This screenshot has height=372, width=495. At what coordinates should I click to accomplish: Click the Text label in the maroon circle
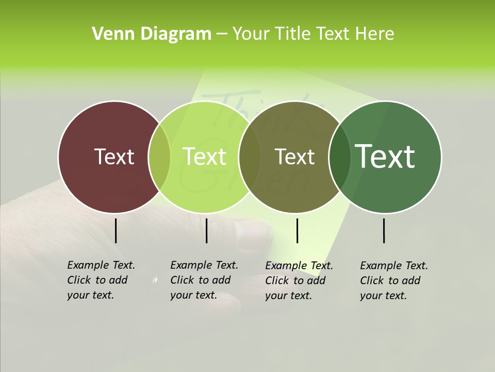coord(114,157)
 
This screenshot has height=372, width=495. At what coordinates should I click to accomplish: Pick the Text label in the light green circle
coord(205,157)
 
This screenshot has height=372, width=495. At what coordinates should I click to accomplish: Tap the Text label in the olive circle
coord(294,157)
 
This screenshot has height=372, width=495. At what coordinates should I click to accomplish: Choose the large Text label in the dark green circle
coord(385,157)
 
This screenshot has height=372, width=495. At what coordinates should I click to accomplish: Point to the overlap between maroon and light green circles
coord(159,157)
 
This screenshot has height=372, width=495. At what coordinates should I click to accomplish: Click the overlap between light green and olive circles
coord(250,157)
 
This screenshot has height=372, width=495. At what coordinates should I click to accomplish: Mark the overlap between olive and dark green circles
coord(339,157)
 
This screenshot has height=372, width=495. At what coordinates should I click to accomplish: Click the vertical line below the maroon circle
coord(115,230)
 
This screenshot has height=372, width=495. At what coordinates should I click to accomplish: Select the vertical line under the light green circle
coord(206,230)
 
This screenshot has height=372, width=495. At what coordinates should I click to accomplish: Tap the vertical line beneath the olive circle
coord(297,230)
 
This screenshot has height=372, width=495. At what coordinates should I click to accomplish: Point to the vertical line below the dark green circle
coord(384,230)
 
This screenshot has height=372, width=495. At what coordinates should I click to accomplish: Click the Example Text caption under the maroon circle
coord(101,280)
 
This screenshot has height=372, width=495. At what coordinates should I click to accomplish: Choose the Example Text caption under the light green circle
coord(204,280)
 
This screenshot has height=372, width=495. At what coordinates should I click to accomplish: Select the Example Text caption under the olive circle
coord(299,281)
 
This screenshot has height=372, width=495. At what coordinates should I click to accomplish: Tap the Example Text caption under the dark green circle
coord(393,281)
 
